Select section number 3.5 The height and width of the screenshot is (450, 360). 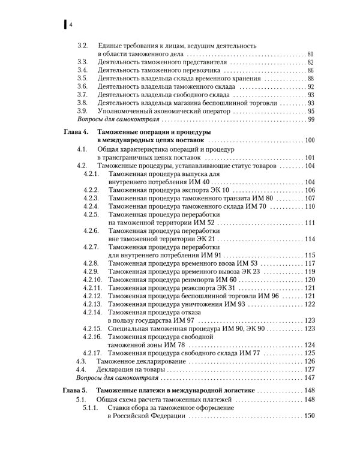click(84, 79)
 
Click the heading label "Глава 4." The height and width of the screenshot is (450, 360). click(76, 131)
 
